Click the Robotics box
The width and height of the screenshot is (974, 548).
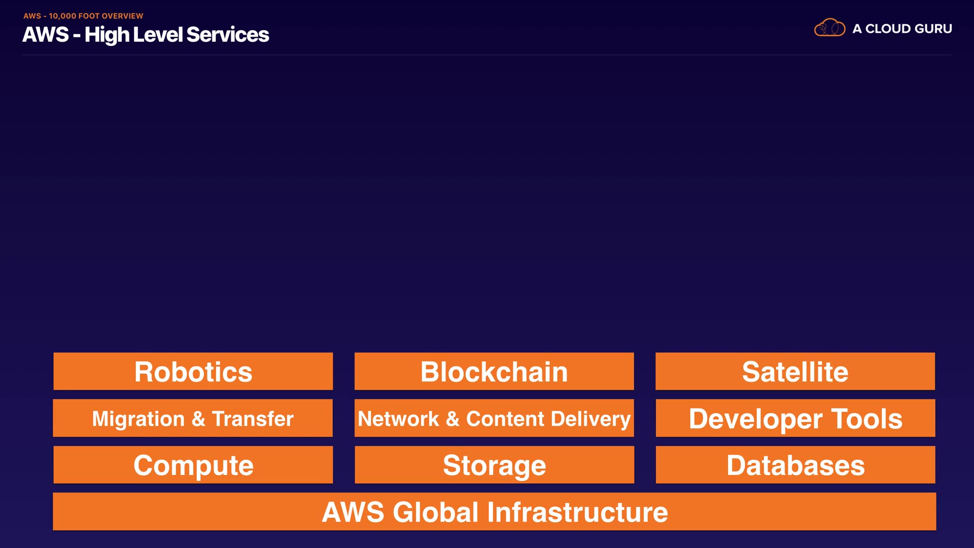click(193, 371)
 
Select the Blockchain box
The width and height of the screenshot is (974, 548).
click(494, 371)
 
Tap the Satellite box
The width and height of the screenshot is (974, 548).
click(795, 371)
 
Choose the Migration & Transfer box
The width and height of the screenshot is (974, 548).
click(193, 418)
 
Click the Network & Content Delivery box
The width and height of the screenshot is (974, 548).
click(494, 418)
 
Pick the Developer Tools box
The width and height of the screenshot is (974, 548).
click(795, 418)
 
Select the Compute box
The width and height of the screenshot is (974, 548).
click(193, 465)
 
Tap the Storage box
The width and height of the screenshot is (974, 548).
click(494, 465)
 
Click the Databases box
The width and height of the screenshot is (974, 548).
click(795, 465)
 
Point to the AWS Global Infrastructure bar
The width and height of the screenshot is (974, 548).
click(494, 511)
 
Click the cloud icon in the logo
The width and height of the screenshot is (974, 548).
click(829, 28)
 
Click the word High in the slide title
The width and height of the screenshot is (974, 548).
click(107, 35)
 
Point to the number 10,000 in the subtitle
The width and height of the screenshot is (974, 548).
click(62, 16)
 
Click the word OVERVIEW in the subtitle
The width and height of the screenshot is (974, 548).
click(122, 16)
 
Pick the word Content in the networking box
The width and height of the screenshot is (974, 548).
click(505, 419)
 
